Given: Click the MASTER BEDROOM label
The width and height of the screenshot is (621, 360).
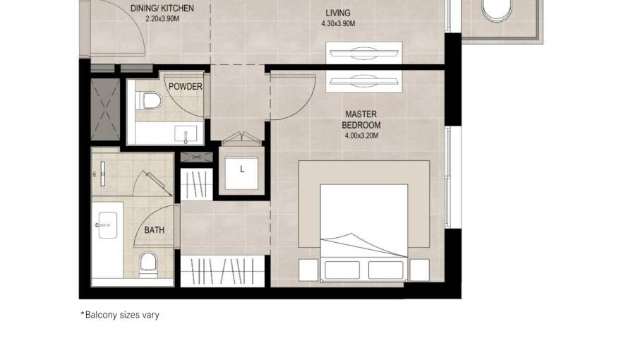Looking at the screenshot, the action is [x=361, y=119].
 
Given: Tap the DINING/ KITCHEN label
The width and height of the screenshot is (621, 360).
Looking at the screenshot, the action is [x=162, y=8].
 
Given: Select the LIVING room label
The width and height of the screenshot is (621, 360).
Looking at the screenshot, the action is [x=338, y=13].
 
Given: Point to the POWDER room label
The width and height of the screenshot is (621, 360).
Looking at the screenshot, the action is [x=186, y=86].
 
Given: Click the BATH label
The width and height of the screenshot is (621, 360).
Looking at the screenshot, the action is [x=154, y=229].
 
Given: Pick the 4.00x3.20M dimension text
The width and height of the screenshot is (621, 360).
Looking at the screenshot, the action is [x=361, y=136].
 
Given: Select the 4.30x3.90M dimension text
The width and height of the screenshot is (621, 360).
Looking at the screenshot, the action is [x=338, y=24].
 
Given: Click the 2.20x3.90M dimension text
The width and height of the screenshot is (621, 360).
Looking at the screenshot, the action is [x=162, y=18].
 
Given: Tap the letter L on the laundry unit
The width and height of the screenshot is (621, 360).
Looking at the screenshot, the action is [x=242, y=169].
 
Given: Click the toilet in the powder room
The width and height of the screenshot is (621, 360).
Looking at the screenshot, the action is [x=149, y=101].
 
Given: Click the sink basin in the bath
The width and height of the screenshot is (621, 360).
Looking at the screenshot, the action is [x=107, y=225].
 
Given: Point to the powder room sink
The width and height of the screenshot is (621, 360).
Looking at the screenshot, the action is [x=186, y=133].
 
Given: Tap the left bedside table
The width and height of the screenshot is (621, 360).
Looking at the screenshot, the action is [x=308, y=270].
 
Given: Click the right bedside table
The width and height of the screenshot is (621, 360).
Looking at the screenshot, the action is [x=419, y=270].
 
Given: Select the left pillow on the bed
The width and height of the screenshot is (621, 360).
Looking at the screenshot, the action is [x=342, y=270].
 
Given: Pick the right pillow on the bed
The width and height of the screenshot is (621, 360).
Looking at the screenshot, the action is [x=386, y=270].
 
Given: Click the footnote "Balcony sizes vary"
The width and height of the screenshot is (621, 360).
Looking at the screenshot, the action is [x=120, y=316].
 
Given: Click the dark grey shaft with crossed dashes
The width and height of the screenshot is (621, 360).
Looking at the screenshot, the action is [x=105, y=109].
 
